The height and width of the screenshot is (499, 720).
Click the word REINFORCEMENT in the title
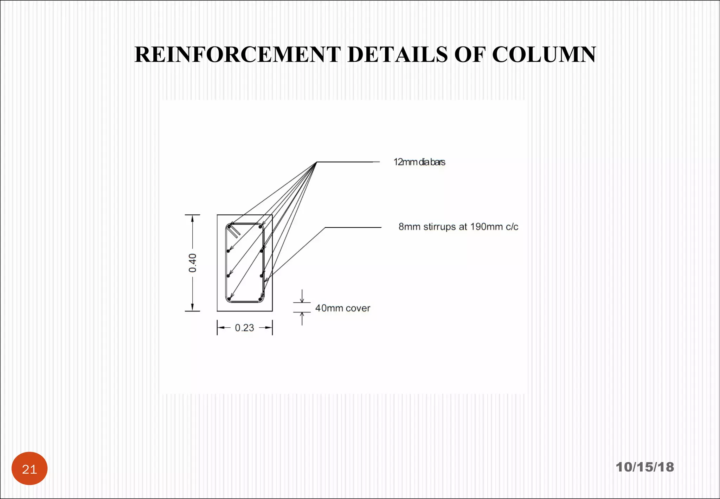pyautogui.click(x=238, y=55)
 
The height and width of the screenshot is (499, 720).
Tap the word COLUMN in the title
pyautogui.click(x=544, y=55)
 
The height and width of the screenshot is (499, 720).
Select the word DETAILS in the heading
pyautogui.click(x=398, y=55)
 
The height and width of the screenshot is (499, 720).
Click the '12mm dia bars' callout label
pyautogui.click(x=419, y=162)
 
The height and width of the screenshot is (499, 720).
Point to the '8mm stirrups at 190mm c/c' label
pyautogui.click(x=458, y=227)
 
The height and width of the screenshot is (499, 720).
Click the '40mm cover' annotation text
pyautogui.click(x=343, y=308)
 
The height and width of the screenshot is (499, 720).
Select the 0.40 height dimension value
pyautogui.click(x=193, y=263)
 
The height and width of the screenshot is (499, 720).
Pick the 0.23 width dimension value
pyautogui.click(x=244, y=328)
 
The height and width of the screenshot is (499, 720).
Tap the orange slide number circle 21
pyautogui.click(x=30, y=468)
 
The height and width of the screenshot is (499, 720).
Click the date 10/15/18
pyautogui.click(x=645, y=467)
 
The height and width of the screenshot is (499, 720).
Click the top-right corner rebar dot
pyautogui.click(x=260, y=227)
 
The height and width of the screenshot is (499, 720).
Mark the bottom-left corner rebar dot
pyautogui.click(x=229, y=299)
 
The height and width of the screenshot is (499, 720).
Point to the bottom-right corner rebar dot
pyautogui.click(x=260, y=299)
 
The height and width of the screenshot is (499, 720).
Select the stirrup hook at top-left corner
pyautogui.click(x=234, y=231)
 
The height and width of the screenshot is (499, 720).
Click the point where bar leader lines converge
pyautogui.click(x=317, y=162)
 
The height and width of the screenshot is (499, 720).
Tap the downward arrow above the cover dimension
pyautogui.click(x=302, y=296)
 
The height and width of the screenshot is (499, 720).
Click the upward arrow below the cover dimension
pyautogui.click(x=302, y=318)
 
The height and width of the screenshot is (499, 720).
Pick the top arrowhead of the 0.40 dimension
pyautogui.click(x=192, y=219)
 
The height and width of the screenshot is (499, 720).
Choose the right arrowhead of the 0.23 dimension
pyautogui.click(x=269, y=328)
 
